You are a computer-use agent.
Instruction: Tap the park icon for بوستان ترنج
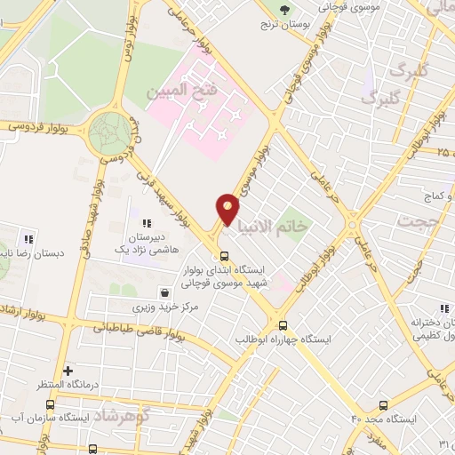(284, 10)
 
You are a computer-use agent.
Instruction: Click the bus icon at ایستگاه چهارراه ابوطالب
(283, 325)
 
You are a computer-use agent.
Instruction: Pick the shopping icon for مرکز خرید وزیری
(164, 292)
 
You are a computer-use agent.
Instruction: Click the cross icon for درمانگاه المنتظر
(68, 370)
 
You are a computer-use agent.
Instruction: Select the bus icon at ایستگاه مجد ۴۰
(383, 404)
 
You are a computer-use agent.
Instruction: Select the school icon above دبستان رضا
(28, 238)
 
